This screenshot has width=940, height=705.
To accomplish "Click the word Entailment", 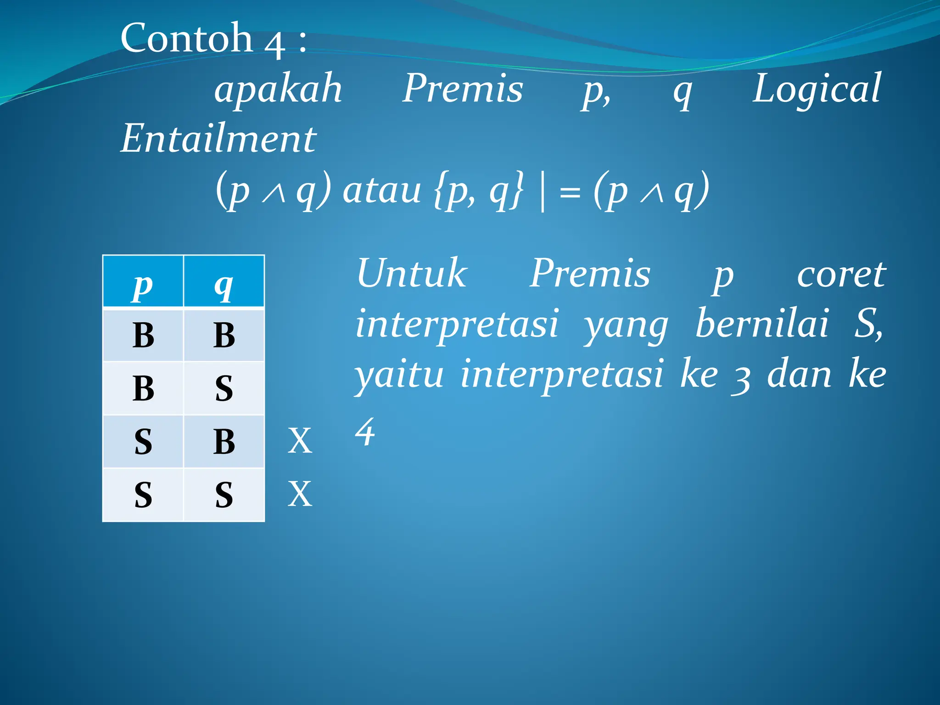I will click(x=218, y=139).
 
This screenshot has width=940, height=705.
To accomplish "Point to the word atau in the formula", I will click(x=382, y=190).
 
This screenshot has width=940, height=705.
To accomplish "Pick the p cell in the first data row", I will click(x=143, y=336).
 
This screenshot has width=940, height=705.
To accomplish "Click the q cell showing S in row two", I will click(x=224, y=388).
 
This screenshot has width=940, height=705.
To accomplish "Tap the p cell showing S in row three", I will click(x=143, y=442).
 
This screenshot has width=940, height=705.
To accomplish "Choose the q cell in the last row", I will click(x=224, y=495).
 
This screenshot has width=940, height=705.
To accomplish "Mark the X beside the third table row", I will click(x=300, y=441).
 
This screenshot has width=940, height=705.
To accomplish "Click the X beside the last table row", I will click(x=300, y=494).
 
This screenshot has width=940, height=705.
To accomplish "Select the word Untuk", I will click(x=412, y=274).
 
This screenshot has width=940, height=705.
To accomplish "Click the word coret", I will click(x=841, y=274).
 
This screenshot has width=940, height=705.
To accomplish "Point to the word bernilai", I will click(x=762, y=324).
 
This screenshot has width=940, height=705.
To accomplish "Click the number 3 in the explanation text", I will click(x=740, y=379).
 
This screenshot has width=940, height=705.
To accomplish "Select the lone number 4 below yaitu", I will click(x=365, y=432).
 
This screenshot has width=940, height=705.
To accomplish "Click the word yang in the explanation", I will click(x=626, y=326).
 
